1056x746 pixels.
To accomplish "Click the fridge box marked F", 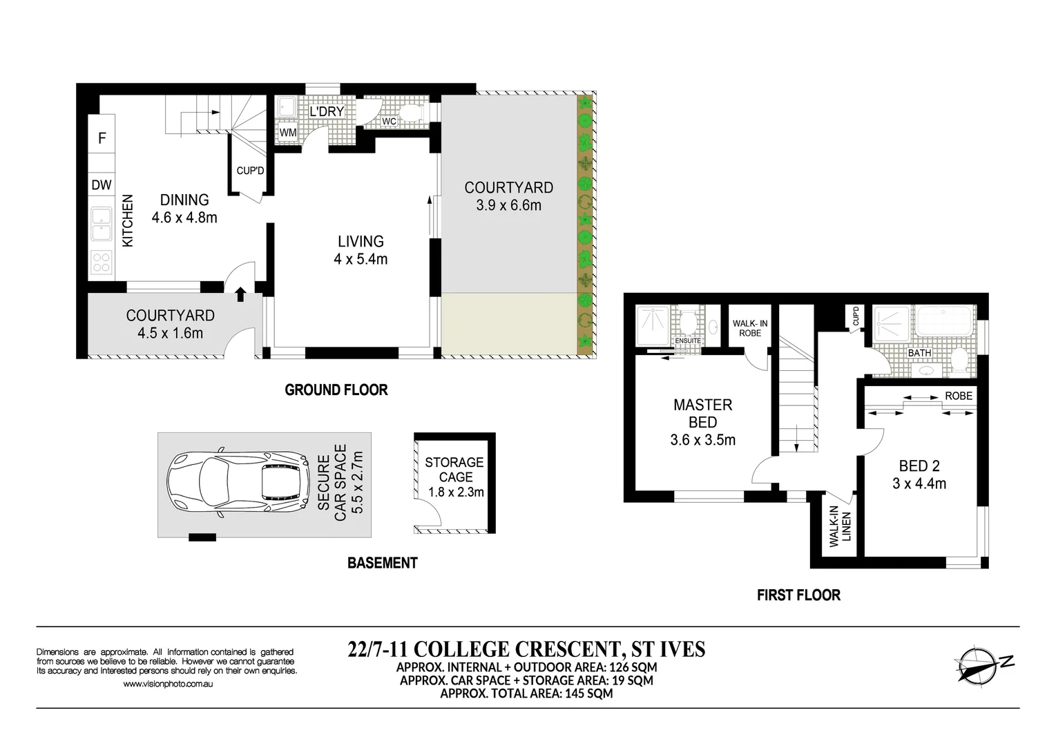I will click(102, 138).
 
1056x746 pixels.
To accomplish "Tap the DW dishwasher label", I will click(102, 184).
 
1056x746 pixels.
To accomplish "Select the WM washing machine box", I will click(288, 133).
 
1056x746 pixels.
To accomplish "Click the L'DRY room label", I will click(327, 112).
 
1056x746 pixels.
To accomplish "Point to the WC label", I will click(389, 122).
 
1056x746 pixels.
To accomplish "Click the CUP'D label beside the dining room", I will click(250, 171).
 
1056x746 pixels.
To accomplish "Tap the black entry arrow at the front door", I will click(240, 295).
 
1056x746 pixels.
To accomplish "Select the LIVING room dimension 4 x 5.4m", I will click(361, 260).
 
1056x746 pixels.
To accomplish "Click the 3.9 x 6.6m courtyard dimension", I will click(508, 206).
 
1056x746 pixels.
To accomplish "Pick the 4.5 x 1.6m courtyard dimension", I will click(170, 334).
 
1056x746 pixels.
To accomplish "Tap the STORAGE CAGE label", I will click(454, 470).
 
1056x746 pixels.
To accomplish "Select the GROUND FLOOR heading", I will click(336, 390).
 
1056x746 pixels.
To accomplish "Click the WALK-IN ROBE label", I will click(750, 328).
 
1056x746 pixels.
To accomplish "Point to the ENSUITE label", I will click(688, 341).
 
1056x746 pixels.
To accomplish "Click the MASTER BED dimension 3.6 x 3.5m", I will click(702, 440).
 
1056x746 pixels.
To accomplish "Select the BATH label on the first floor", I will click(919, 353).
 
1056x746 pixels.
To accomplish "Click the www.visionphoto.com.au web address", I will click(168, 684).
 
